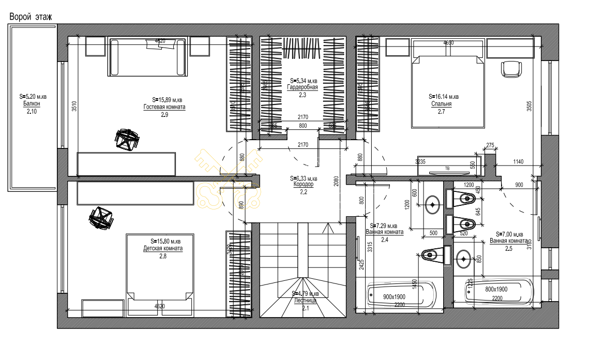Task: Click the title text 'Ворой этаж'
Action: point(31,17)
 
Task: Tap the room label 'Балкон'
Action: point(31,103)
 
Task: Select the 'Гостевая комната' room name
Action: point(164,107)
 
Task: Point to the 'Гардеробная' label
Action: point(302,87)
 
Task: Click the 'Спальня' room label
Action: point(441,103)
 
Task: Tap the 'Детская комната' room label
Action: point(163,248)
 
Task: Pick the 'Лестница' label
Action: point(305,300)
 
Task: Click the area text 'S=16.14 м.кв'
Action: point(444,96)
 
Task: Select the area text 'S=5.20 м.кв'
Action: point(31,96)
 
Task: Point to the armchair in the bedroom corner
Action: point(511,69)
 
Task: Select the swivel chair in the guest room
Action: point(126,139)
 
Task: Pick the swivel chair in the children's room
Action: point(101,217)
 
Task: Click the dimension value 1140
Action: point(519,162)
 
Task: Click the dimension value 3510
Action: point(74,106)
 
